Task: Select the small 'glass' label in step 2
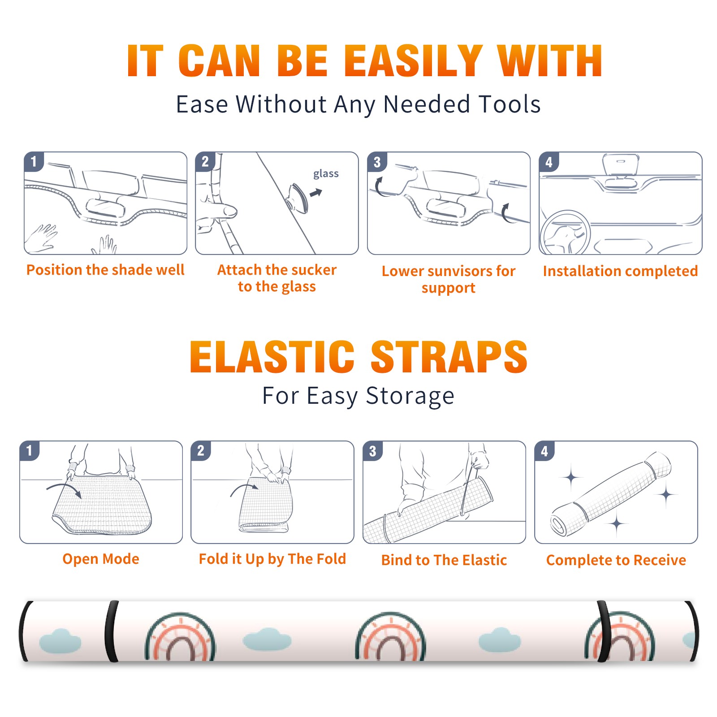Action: pos(326,174)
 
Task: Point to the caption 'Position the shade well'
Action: pos(105,270)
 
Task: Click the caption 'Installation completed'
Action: pos(620,271)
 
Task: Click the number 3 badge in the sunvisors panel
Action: pos(376,162)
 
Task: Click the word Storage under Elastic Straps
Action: pos(410,396)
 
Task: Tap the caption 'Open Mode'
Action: pos(101,559)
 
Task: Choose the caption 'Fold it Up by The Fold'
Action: pos(272,559)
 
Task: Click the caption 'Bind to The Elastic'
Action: pos(444,560)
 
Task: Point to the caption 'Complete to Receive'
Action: pos(616,560)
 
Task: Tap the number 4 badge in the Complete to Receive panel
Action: pos(544,451)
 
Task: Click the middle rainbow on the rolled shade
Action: pos(391,636)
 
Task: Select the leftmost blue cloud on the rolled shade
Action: pos(60,641)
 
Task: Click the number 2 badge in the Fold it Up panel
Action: pos(200,451)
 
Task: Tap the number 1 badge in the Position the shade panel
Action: pos(34,161)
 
